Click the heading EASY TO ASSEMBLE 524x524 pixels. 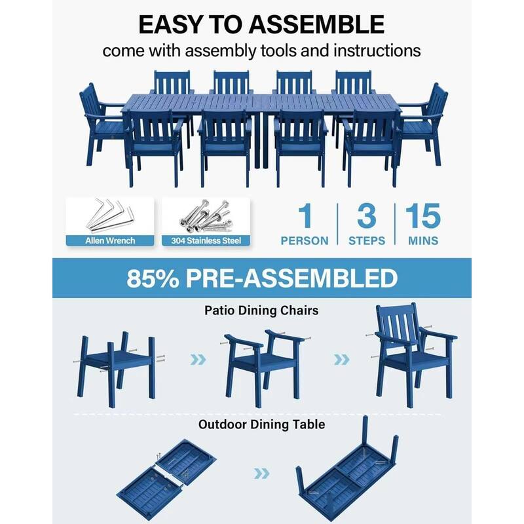(x=261, y=24)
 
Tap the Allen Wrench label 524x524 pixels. (x=110, y=240)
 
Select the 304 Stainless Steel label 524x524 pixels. (x=205, y=240)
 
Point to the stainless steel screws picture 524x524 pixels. (x=206, y=215)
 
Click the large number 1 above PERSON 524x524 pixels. (x=305, y=217)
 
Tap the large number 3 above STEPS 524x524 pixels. (x=366, y=217)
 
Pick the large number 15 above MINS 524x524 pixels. (x=422, y=217)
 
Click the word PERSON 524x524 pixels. (x=305, y=241)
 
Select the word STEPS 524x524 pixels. (x=366, y=241)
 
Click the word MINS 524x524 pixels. (x=423, y=241)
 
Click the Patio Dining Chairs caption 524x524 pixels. (x=261, y=310)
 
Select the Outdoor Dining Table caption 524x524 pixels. (x=261, y=424)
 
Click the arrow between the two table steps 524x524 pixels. (x=261, y=472)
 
